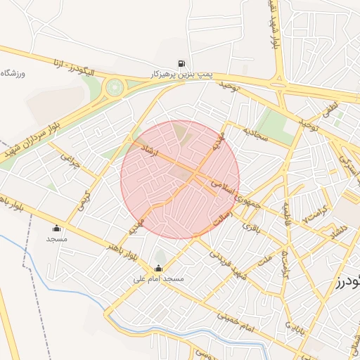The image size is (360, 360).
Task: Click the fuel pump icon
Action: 183,63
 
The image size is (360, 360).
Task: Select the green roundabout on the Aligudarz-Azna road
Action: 112,89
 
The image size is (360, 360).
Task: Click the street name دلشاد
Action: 339,229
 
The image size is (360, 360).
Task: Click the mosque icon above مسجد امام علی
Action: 158,268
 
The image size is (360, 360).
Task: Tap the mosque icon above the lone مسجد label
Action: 56,228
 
